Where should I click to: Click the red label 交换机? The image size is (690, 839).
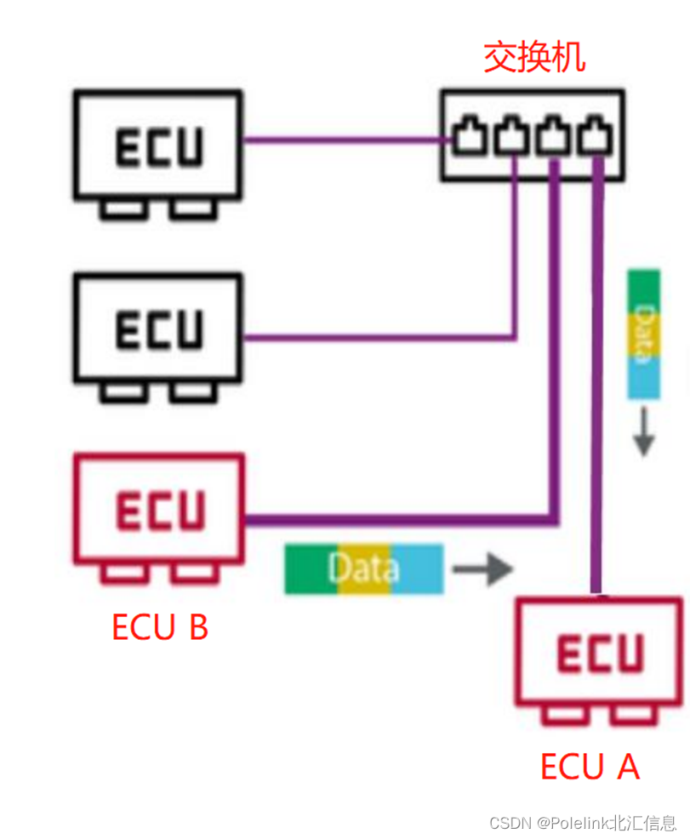pos(534,57)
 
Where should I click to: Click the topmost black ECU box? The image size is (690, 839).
pos(158,146)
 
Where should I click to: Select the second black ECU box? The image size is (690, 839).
pos(158,328)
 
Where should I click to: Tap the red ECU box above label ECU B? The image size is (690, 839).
pos(159,509)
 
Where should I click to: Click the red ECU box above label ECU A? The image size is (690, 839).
pos(599,651)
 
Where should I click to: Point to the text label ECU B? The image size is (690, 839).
pos(160,627)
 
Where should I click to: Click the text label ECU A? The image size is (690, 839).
pos(590,767)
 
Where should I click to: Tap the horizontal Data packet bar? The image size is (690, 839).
pos(363,568)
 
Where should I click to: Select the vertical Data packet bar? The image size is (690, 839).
pos(643,334)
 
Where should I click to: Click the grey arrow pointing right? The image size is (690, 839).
pos(482,569)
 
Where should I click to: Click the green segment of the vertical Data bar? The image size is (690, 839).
pos(643,285)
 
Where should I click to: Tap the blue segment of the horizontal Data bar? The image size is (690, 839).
pos(420,568)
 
